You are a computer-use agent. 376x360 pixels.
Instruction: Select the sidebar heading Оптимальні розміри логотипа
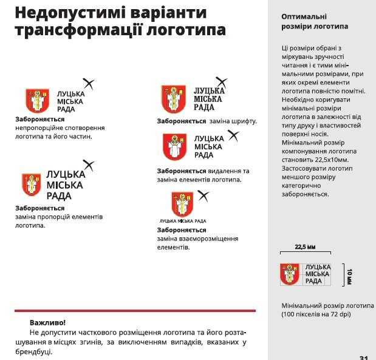pyautogui.click(x=315, y=22)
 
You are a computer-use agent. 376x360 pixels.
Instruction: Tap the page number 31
pyautogui.click(x=364, y=357)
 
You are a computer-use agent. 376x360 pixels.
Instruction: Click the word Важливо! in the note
pyautogui.click(x=47, y=322)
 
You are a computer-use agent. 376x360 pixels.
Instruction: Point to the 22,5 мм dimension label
pyautogui.click(x=306, y=248)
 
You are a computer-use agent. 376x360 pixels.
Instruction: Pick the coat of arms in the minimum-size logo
pyautogui.click(x=290, y=274)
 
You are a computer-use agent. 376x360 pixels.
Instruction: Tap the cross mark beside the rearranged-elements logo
pyautogui.click(x=203, y=195)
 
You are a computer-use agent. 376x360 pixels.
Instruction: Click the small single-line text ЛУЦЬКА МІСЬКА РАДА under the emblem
pyautogui.click(x=182, y=221)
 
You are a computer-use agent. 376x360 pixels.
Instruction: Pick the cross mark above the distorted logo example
pyautogui.click(x=89, y=84)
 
